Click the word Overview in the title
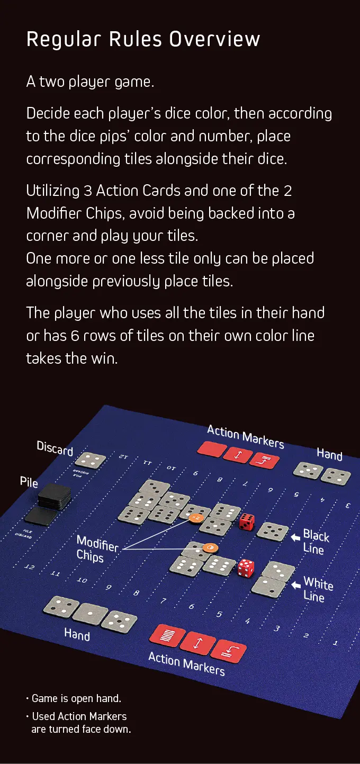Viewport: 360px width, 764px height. point(215,39)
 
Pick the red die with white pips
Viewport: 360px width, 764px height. point(246,568)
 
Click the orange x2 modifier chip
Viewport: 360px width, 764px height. point(196,518)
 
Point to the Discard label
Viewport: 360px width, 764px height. point(55,448)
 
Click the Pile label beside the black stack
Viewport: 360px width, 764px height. point(29,482)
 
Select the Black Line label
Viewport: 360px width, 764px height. point(316,542)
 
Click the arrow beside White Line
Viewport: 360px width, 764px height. point(296,585)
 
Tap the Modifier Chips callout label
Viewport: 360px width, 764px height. point(97,549)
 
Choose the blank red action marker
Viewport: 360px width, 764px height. point(212,448)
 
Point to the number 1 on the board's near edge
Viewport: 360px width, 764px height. point(336,643)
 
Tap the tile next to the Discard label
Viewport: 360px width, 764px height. point(91,460)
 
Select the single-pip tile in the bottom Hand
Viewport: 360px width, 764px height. point(90,614)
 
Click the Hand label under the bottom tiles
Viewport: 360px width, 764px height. point(77,635)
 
